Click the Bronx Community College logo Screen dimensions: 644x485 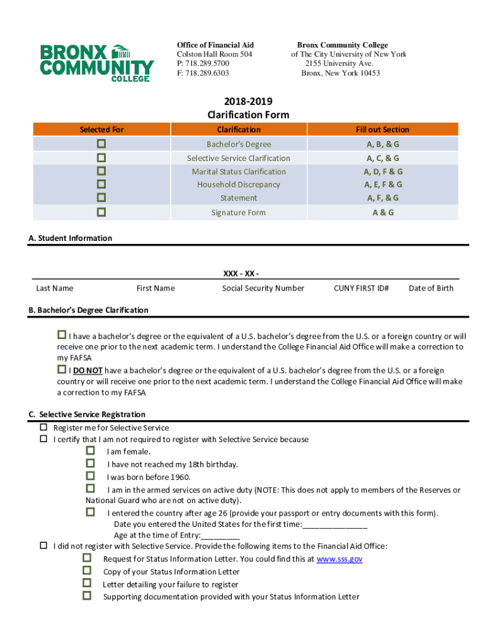96,62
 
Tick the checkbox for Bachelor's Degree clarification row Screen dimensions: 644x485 101,143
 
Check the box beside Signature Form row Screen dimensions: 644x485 101,212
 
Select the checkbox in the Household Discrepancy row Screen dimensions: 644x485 101,184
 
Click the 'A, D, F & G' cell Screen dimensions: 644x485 382,171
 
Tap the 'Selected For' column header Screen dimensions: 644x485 101,130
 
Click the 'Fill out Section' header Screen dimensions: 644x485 382,130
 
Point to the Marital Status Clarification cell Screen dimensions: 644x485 239,171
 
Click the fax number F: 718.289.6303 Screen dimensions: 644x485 203,73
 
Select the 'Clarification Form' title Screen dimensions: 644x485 248,114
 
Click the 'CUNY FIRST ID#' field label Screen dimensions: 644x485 361,288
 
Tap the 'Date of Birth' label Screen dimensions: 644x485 431,288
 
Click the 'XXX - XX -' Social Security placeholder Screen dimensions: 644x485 241,274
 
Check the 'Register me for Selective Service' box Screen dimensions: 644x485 44,427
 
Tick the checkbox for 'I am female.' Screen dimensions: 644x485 90,451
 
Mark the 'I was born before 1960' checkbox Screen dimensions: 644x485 90,476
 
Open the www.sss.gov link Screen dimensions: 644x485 339,558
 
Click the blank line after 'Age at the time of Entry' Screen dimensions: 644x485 220,536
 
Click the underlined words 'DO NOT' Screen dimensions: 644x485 88,370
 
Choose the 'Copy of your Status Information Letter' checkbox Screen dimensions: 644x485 87,571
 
